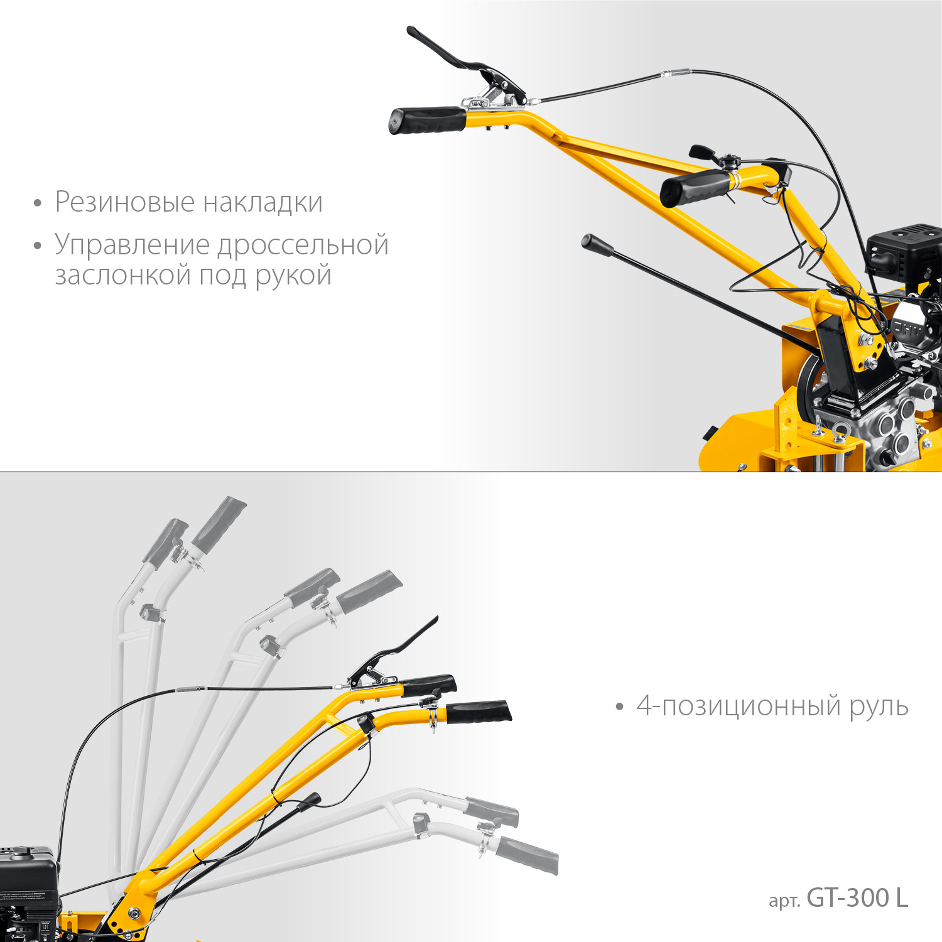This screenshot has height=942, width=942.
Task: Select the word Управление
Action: tap(132, 245)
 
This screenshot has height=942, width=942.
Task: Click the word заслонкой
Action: tap(122, 275)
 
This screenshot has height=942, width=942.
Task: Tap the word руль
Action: tap(879, 707)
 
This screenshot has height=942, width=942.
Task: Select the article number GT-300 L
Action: tap(857, 898)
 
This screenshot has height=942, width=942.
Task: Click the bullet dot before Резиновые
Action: tap(38, 203)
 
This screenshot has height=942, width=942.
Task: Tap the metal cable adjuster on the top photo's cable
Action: tap(675, 73)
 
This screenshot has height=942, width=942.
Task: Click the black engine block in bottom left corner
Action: tap(28, 885)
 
